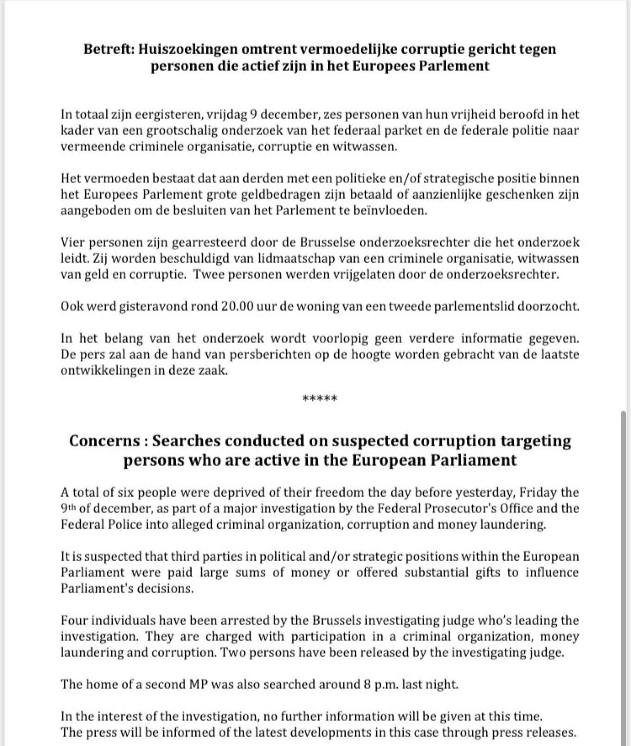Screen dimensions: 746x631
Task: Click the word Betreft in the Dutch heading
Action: click(x=107, y=49)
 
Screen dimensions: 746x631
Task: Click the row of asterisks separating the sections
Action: click(x=320, y=398)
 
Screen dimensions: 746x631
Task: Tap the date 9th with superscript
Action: click(x=68, y=508)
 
